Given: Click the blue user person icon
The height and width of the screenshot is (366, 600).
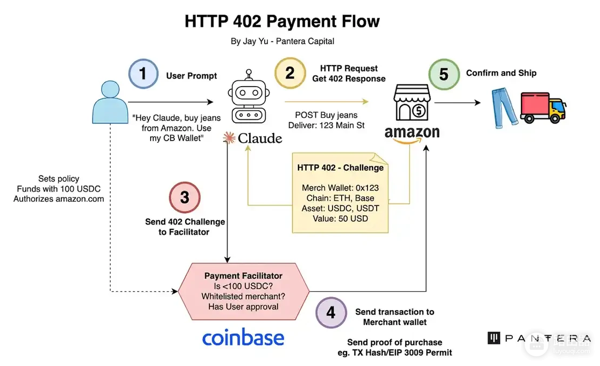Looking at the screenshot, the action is (x=110, y=102).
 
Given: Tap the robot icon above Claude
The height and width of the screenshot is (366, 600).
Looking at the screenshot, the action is (x=249, y=96).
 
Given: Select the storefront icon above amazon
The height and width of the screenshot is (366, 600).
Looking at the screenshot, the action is (x=412, y=102).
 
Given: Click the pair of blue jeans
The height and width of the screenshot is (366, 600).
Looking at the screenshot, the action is (x=504, y=108).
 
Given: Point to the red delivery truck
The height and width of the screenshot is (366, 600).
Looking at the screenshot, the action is (x=543, y=108).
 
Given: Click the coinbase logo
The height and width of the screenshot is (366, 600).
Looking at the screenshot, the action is (x=243, y=337).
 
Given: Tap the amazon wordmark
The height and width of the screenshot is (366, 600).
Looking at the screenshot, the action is (x=412, y=134).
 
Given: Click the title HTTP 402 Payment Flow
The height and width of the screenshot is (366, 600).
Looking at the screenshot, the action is (x=282, y=22).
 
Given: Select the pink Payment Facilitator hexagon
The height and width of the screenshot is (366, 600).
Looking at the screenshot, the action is (x=243, y=291).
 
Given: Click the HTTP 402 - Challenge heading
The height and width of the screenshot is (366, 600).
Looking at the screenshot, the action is (x=340, y=168).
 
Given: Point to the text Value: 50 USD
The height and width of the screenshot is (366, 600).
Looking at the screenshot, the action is (x=340, y=219).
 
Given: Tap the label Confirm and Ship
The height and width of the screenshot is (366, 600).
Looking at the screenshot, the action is (x=502, y=73).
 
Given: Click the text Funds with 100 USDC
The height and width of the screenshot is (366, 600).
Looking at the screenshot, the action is (x=59, y=189).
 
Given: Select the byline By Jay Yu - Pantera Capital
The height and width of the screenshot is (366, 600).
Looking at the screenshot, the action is (x=283, y=41).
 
